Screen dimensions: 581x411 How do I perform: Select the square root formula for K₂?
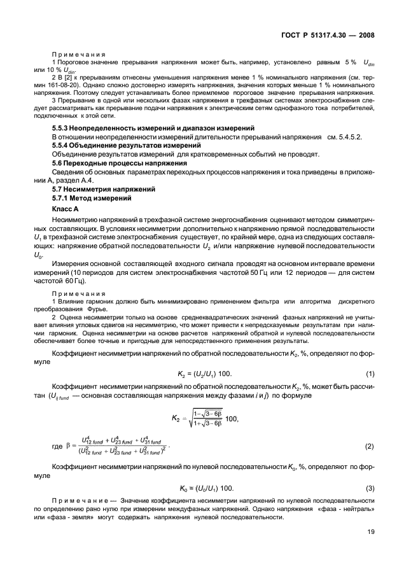pos(205,417)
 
